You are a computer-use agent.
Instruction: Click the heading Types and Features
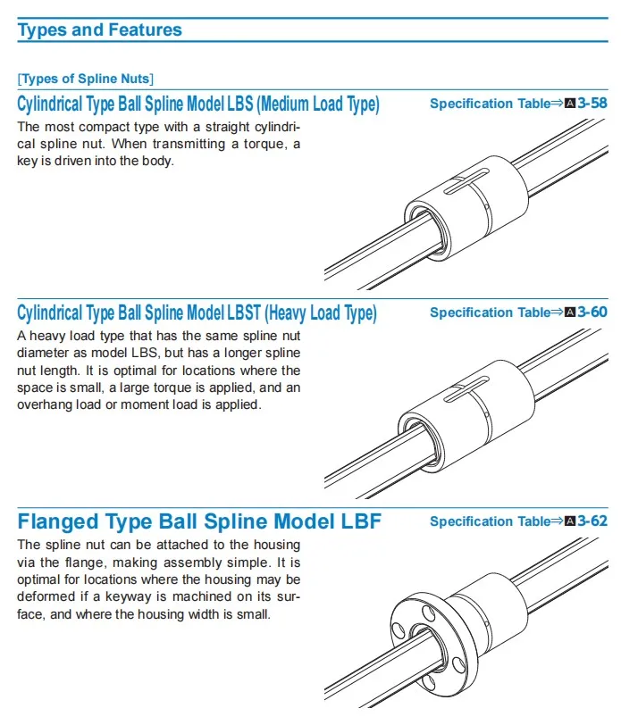[x=99, y=29]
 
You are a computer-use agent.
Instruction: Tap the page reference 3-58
[x=592, y=104]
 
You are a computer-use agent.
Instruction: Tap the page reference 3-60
[x=592, y=312]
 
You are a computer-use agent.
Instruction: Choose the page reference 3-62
[x=592, y=521]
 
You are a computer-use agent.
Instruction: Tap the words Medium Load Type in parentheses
[x=320, y=104]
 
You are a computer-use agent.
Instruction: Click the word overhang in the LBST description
[x=45, y=404]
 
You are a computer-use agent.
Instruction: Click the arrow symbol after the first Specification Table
[x=558, y=104]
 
